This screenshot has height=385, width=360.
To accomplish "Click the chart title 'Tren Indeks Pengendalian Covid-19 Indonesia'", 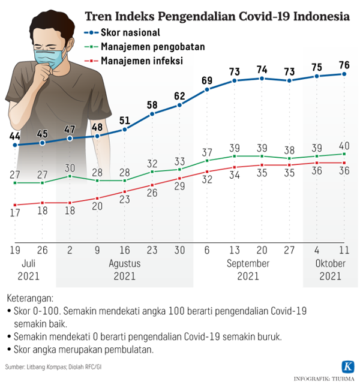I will (x=217, y=16).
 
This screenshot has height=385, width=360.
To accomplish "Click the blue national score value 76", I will (x=344, y=64).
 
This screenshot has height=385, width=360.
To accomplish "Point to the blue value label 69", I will (x=208, y=80).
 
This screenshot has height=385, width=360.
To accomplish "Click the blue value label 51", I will (x=125, y=119).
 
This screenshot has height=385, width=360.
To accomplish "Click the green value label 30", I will (x=70, y=167).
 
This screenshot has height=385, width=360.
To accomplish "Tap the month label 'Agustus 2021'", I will (x=125, y=270).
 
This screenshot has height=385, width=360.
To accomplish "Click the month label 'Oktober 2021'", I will (x=331, y=270).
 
